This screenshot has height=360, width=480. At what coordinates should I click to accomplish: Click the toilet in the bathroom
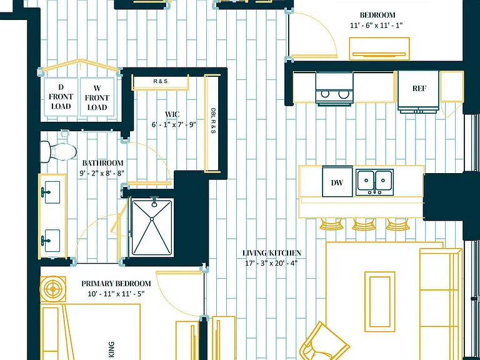pyautogui.click(x=58, y=151)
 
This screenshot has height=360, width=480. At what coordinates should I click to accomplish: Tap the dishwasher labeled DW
pyautogui.click(x=337, y=181)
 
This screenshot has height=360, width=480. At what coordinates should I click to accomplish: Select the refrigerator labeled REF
pyautogui.click(x=419, y=91)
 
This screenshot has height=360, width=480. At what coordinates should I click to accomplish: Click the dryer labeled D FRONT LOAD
pyautogui.click(x=61, y=97)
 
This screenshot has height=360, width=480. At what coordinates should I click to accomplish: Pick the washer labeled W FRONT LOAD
pyautogui.click(x=97, y=97)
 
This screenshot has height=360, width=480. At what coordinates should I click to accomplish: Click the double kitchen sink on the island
pyautogui.click(x=375, y=182)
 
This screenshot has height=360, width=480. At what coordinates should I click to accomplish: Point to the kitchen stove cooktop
pyautogui.click(x=334, y=89)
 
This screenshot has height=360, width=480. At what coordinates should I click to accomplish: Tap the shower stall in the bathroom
pyautogui.click(x=152, y=227)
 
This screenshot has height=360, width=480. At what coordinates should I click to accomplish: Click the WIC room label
pyautogui.click(x=172, y=114)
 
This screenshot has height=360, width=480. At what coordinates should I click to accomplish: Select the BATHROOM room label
pyautogui.click(x=103, y=163)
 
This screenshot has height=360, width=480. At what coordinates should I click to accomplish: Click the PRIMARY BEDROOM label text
pyautogui.click(x=116, y=284)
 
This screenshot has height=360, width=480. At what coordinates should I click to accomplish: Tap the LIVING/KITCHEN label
pyautogui.click(x=271, y=253)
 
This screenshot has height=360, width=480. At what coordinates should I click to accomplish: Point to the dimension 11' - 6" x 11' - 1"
pyautogui.click(x=376, y=25)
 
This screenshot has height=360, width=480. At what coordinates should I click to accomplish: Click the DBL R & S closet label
pyautogui.click(x=212, y=120)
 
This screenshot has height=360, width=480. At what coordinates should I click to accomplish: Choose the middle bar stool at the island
pyautogui.click(x=364, y=224)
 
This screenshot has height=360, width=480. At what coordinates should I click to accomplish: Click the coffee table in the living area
pyautogui.click(x=379, y=301)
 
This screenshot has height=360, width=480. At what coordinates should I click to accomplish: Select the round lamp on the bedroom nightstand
pyautogui.click(x=52, y=289)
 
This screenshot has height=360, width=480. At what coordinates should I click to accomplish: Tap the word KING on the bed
pyautogui.click(x=111, y=349)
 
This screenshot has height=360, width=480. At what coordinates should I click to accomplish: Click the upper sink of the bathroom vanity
pyautogui.click(x=52, y=192)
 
